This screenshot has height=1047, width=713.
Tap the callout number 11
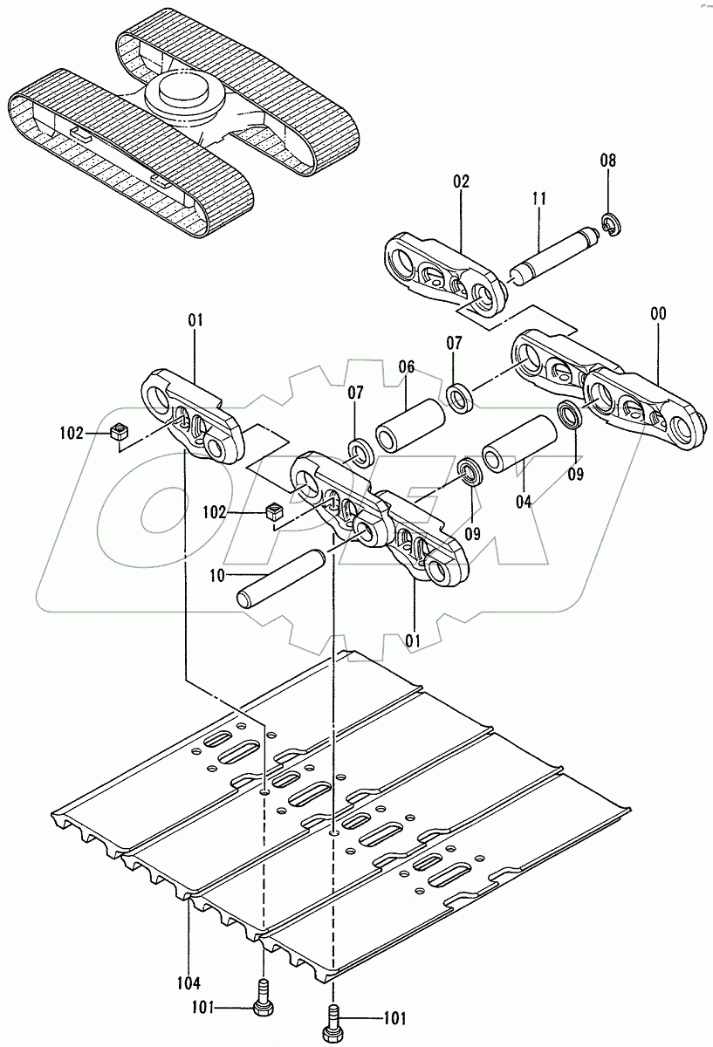pyautogui.click(x=538, y=199)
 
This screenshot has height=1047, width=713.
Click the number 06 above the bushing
pyautogui.click(x=407, y=368)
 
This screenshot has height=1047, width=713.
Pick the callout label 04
pyautogui.click(x=524, y=502)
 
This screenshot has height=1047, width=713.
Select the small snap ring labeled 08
pyautogui.click(x=610, y=224)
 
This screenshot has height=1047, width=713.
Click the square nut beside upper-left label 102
pyautogui.click(x=120, y=431)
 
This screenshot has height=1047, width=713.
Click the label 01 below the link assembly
pyautogui.click(x=413, y=640)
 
